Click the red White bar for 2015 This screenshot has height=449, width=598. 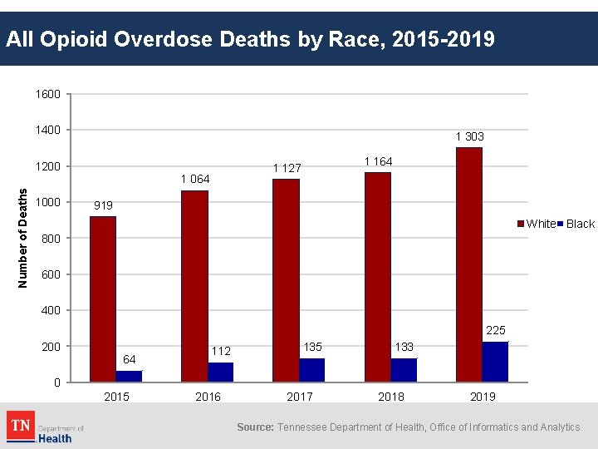tap(103, 299)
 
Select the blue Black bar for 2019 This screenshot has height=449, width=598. tap(495, 362)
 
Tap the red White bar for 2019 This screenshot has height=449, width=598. tap(469, 264)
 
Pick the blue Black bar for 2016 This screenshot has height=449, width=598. tap(221, 372)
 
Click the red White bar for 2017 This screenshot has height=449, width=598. tap(286, 280)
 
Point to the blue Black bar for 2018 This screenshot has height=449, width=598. tap(404, 370)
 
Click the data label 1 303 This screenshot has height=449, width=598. tap(469, 136)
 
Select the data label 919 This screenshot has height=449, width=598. tap(103, 205)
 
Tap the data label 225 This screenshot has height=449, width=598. tap(495, 330)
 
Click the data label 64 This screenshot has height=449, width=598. tap(129, 359)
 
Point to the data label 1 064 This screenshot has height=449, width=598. tap(195, 179)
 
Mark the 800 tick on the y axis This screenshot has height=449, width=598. tap(51, 239)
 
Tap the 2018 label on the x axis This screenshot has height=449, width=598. tap(391, 397)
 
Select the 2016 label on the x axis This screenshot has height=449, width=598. tap(208, 397)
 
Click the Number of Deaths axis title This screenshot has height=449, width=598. tap(23, 238)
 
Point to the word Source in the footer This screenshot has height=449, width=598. tap(255, 427)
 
